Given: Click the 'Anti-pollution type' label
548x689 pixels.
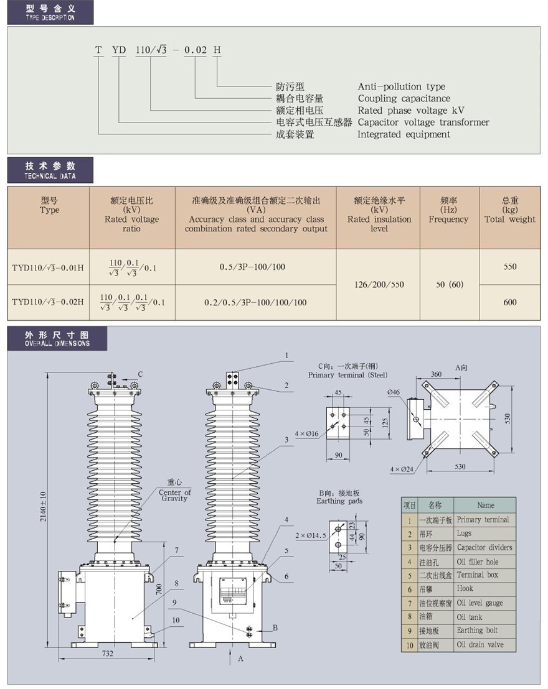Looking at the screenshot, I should point(401,86).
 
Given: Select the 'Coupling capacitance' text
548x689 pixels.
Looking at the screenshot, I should point(404,98).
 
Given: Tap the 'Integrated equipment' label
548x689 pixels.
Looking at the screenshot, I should point(404,134).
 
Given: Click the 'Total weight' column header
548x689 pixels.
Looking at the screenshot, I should point(509,219).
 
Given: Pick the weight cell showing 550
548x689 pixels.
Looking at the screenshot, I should point(510,267).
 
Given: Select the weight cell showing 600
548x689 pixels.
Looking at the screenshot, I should point(510,302).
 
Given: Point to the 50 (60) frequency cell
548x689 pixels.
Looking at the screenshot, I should point(448,285).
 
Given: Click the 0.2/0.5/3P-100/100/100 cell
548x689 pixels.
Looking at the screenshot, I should point(255,302).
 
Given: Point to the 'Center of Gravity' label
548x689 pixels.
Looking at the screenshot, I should point(174,495).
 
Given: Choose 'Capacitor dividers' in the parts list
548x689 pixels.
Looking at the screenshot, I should point(484,547).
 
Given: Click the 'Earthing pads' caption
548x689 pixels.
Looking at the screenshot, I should point(339,501).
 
